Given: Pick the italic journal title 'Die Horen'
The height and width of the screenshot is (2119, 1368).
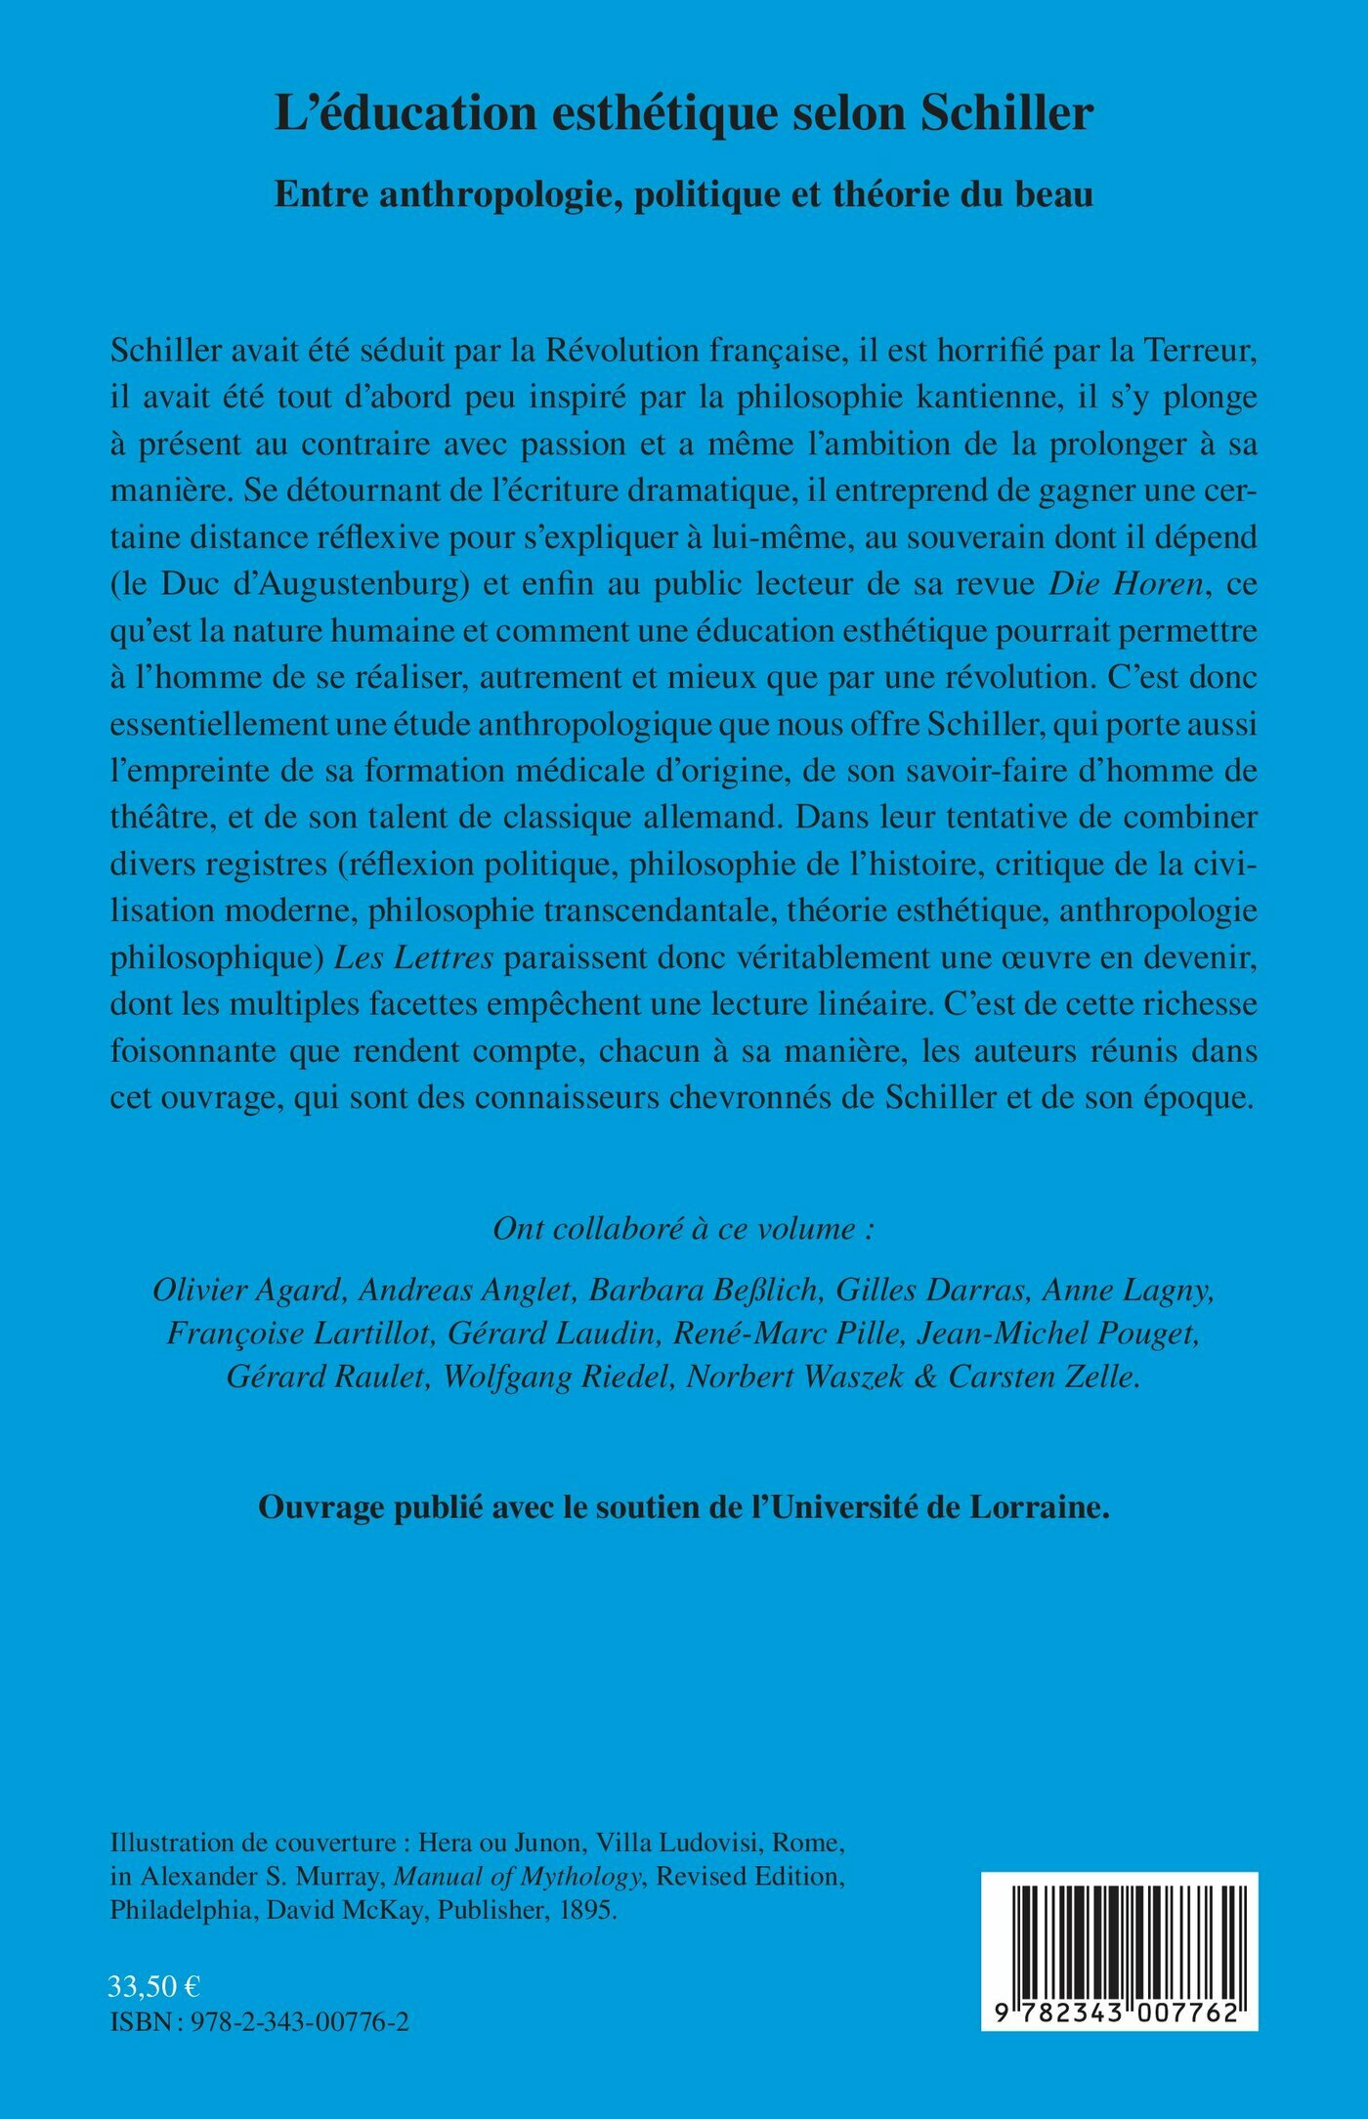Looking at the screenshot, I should pos(1125,584).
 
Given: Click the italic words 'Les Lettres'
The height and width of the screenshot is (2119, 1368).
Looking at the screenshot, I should pos(413,957).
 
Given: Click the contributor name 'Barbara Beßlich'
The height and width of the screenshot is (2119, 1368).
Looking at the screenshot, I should pos(703,1291).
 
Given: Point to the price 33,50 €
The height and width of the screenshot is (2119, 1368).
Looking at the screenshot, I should pos(154,1986).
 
